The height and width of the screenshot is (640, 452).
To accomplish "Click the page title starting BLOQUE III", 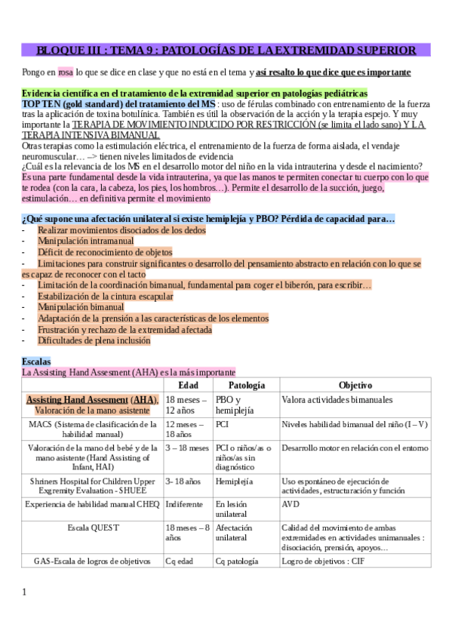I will click(226, 51).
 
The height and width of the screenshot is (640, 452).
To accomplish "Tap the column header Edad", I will click(188, 385).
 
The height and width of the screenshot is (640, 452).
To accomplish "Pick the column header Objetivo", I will click(354, 385).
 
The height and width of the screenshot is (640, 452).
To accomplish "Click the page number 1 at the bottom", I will click(24, 592).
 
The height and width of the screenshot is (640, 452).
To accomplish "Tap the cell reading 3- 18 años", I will click(183, 480).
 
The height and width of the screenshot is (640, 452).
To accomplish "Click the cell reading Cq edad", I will click(180, 562).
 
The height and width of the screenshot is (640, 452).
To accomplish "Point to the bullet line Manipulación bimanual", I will click(81, 307).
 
